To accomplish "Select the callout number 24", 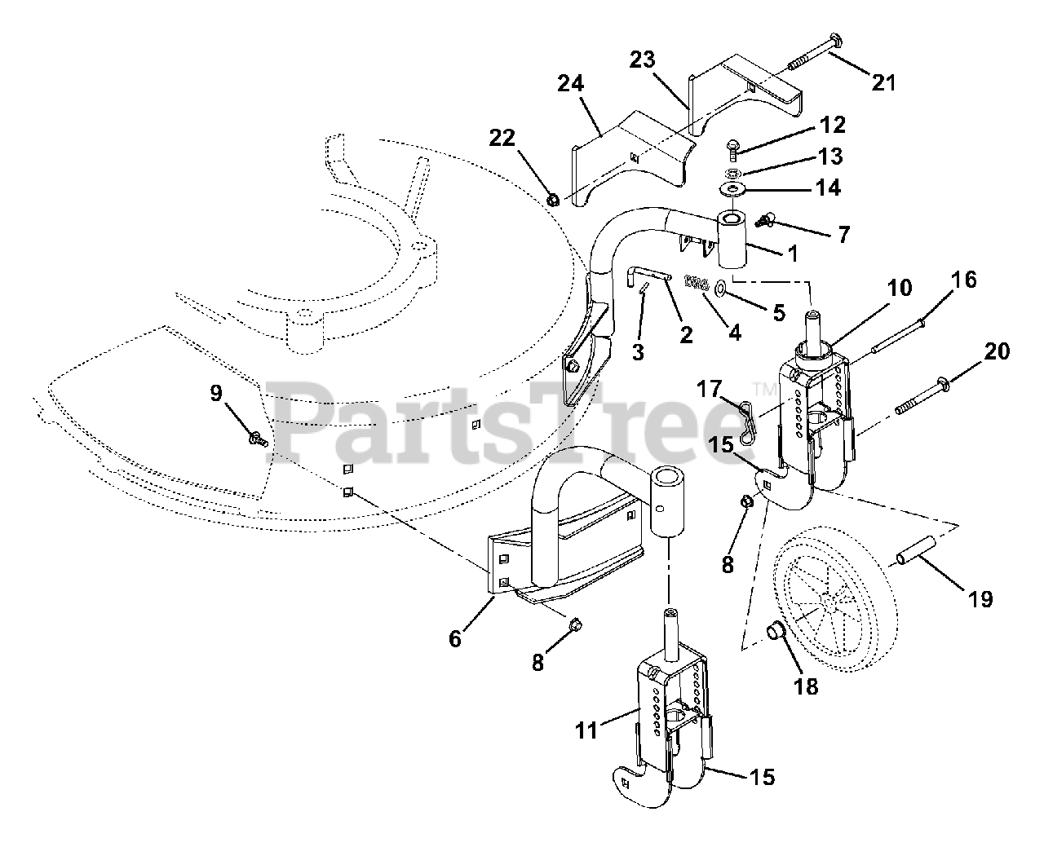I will pos(572,83).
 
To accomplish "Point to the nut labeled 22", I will pos(552,199).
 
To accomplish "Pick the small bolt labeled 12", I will pos(731,148).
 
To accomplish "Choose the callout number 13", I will pos(831,156).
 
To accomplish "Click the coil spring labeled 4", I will pos(697,284).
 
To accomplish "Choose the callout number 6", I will pos(455,638).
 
